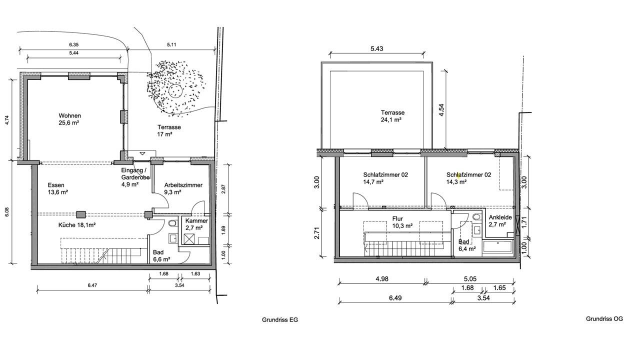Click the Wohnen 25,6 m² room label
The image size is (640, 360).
coord(69,119)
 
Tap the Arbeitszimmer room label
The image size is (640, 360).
coord(183,188)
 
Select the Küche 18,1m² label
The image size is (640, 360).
coord(77,225)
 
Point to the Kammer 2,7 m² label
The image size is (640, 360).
coord(196,224)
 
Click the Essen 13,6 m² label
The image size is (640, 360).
coord(57,188)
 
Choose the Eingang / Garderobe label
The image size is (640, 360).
coord(135,177)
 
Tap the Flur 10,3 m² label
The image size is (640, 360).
coord(402,222)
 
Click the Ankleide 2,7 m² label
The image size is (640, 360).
coord(500,221)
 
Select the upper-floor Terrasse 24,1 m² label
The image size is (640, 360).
coord(392,116)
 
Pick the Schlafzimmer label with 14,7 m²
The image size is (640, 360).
coord(385,178)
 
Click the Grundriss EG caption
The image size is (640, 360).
coord(280,319)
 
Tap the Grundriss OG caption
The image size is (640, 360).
coord(604,319)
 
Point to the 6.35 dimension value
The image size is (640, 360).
coord(73,45)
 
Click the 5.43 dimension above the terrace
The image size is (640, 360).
coord(377,48)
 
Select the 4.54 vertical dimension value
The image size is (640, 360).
coord(441,109)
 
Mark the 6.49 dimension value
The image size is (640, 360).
coord(395,298)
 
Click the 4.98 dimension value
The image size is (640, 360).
coord(381,279)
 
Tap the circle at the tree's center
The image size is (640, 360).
coord(175,91)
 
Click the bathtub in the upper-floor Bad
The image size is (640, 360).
coord(497,246)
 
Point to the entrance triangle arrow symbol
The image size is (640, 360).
coord(142,153)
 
